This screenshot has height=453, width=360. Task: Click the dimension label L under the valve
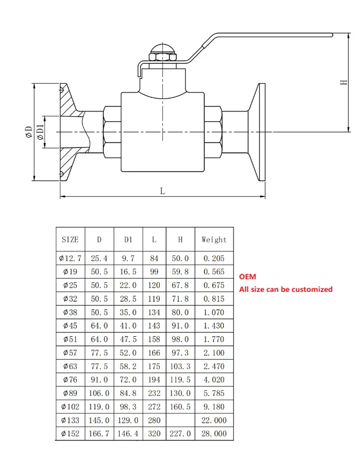[162, 191]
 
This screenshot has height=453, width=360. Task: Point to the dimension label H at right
[344, 82]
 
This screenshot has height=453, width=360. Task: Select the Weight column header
[214, 240]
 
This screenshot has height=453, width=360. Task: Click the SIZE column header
[70, 240]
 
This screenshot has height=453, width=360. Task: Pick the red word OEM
[247, 277]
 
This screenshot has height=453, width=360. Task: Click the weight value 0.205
[214, 258]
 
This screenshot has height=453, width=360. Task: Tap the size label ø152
[70, 434]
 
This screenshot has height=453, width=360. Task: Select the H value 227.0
[180, 434]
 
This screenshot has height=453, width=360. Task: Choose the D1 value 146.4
[128, 434]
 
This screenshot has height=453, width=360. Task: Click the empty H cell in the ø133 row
[180, 420]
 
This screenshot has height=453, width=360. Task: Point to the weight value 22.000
[214, 420]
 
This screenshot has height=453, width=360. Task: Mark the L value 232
[154, 393]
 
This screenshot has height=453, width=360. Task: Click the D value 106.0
[99, 393]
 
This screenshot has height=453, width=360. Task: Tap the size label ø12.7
[70, 258]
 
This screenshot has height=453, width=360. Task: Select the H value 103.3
[180, 366]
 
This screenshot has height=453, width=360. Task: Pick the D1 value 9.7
[128, 258]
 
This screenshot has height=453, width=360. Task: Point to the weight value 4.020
[214, 380]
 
